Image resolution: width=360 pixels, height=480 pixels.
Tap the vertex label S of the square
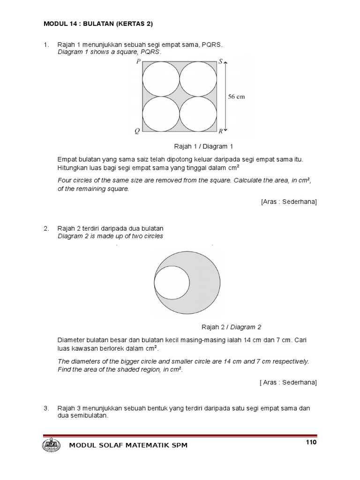pyautogui.click(x=221, y=61)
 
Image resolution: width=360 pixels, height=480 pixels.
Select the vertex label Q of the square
pyautogui.click(x=137, y=132)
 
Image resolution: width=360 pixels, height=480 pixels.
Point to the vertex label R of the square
pyautogui.click(x=220, y=132)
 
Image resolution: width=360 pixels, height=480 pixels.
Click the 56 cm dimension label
pyautogui.click(x=236, y=97)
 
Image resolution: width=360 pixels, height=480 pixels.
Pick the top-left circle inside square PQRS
pyautogui.click(x=161, y=79)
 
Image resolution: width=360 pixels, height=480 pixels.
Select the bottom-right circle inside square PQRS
pyautogui.click(x=198, y=114)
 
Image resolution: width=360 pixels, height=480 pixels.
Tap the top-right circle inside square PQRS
pyautogui.click(x=198, y=79)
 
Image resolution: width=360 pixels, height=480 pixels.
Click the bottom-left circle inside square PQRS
pyautogui.click(x=161, y=114)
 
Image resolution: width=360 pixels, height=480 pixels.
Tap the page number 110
pyautogui.click(x=311, y=442)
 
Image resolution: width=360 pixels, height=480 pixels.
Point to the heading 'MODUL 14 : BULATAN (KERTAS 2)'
pyautogui.click(x=98, y=23)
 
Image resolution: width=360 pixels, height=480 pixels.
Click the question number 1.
pyautogui.click(x=46, y=45)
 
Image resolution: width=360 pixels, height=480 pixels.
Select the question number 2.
pyautogui.click(x=46, y=229)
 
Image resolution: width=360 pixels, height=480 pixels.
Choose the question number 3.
pyautogui.click(x=46, y=408)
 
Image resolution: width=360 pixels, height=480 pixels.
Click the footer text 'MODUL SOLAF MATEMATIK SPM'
pyautogui.click(x=128, y=445)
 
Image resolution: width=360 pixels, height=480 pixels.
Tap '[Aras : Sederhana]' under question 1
pyautogui.click(x=289, y=202)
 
